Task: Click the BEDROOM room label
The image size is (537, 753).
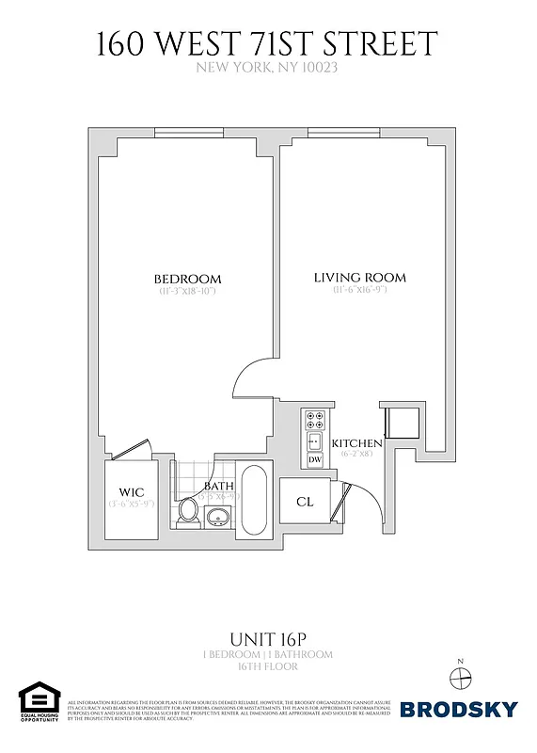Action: click(x=188, y=279)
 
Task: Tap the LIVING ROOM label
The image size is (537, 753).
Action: click(x=359, y=278)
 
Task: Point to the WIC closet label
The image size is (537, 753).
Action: click(x=130, y=491)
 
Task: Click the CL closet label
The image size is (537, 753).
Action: click(x=304, y=502)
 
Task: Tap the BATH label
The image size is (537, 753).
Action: click(x=218, y=486)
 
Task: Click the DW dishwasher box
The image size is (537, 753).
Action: click(x=315, y=459)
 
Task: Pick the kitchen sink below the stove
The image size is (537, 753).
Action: click(x=315, y=441)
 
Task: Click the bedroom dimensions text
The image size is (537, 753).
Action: click(x=188, y=292)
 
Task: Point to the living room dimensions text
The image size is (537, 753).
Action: click(x=359, y=291)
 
